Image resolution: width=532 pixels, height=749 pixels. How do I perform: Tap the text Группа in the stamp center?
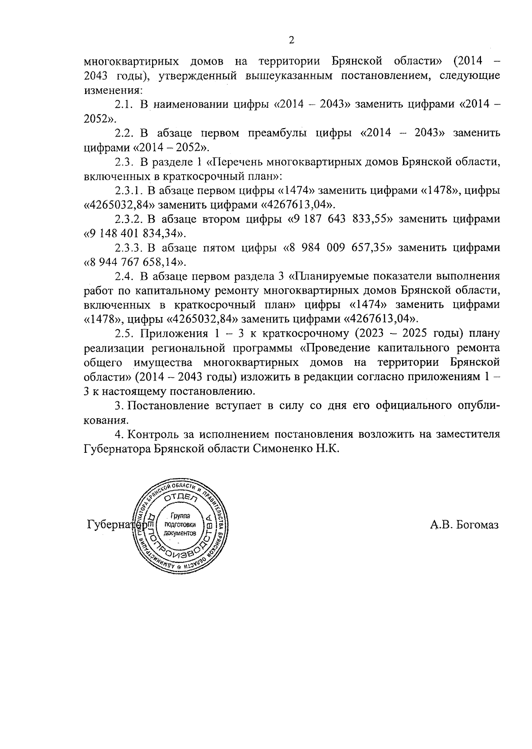(180, 516)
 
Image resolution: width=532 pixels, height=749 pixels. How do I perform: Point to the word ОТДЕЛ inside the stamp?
(180, 498)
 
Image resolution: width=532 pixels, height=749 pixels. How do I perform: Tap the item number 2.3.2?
(128, 219)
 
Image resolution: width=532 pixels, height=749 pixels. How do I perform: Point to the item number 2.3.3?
(128, 248)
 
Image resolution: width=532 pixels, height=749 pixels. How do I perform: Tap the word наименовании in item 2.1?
(195, 105)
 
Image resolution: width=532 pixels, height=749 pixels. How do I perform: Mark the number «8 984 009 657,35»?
(338, 248)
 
